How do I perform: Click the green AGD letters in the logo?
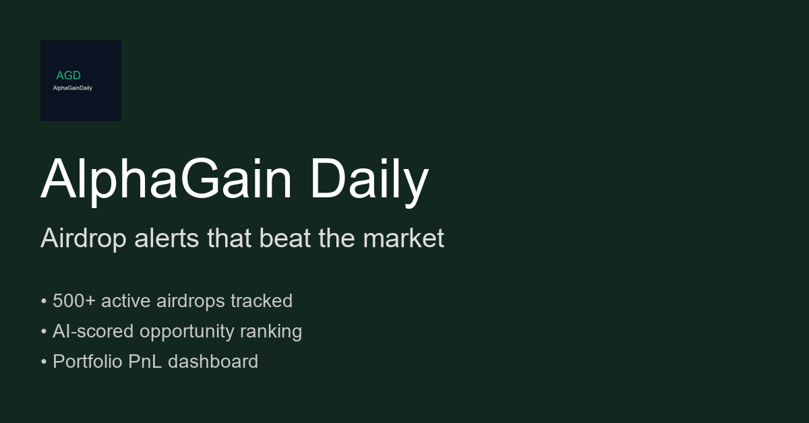(68, 75)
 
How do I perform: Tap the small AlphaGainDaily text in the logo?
(73, 88)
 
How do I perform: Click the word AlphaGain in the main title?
(166, 179)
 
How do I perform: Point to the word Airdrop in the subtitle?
(84, 238)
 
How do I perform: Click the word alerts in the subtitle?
(167, 238)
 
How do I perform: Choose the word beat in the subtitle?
(285, 238)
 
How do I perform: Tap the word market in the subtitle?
(403, 238)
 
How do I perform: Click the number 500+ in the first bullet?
(74, 300)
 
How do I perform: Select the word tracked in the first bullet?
(262, 300)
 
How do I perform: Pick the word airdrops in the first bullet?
(190, 301)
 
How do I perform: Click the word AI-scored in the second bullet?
(93, 331)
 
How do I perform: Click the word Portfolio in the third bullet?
(88, 361)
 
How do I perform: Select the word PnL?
(145, 361)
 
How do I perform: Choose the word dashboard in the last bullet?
(213, 361)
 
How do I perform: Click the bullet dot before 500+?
(44, 301)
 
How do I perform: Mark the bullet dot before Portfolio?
(44, 362)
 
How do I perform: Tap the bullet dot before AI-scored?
(44, 331)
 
